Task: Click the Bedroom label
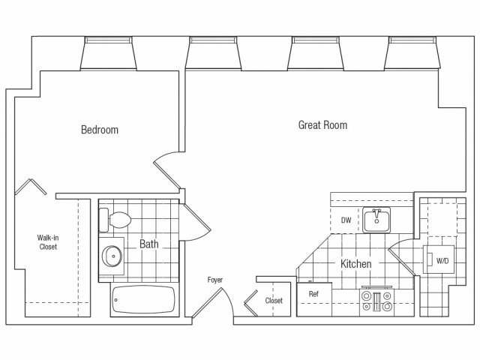[x=100, y=130]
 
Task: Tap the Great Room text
[x=322, y=125]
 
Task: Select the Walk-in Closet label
[x=48, y=242]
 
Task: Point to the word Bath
[x=149, y=244]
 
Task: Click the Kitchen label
[x=356, y=263]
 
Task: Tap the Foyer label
[x=215, y=280]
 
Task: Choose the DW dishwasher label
[x=346, y=220]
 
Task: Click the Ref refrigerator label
[x=313, y=294]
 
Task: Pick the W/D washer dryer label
[x=442, y=261]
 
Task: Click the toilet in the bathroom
[x=115, y=220]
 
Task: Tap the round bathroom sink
[x=112, y=256]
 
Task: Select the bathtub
[x=143, y=299]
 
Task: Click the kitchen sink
[x=376, y=220]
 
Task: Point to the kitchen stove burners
[x=376, y=301]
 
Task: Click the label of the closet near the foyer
[x=274, y=301]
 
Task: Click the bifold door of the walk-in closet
[x=31, y=187]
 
